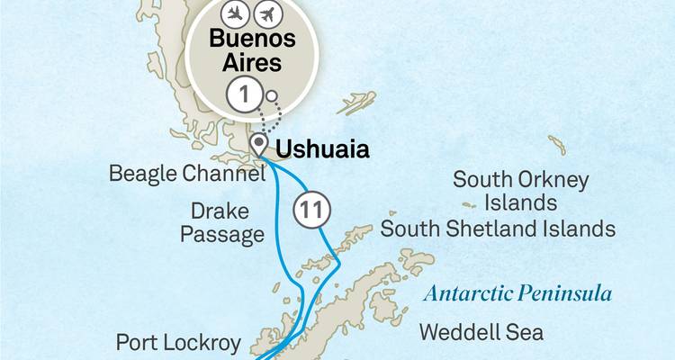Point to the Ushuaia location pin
(x=259, y=145)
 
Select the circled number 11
(x=309, y=211)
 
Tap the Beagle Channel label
(x=187, y=173)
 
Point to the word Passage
(x=222, y=235)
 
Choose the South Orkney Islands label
(x=521, y=191)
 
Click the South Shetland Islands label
(x=498, y=229)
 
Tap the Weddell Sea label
(x=481, y=332)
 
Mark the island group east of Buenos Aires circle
(x=358, y=102)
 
